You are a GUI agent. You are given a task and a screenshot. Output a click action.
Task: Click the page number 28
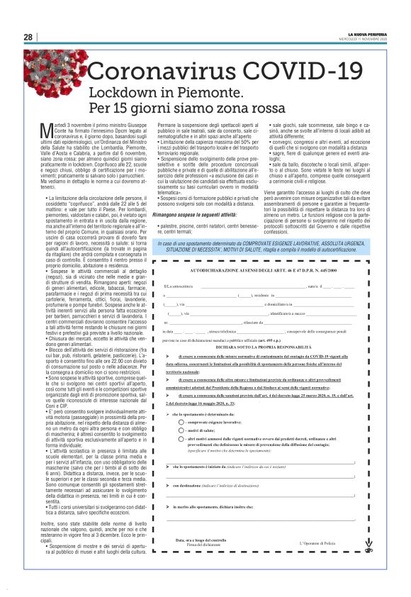pyautogui.click(x=28, y=38)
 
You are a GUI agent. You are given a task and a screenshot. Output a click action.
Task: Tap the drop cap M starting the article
pyautogui.click(x=43, y=128)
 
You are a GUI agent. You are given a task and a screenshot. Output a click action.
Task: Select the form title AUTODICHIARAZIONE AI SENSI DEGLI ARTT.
pyautogui.click(x=262, y=272)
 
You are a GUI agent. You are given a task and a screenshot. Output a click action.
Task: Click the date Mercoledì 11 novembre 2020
pyautogui.click(x=366, y=39)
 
